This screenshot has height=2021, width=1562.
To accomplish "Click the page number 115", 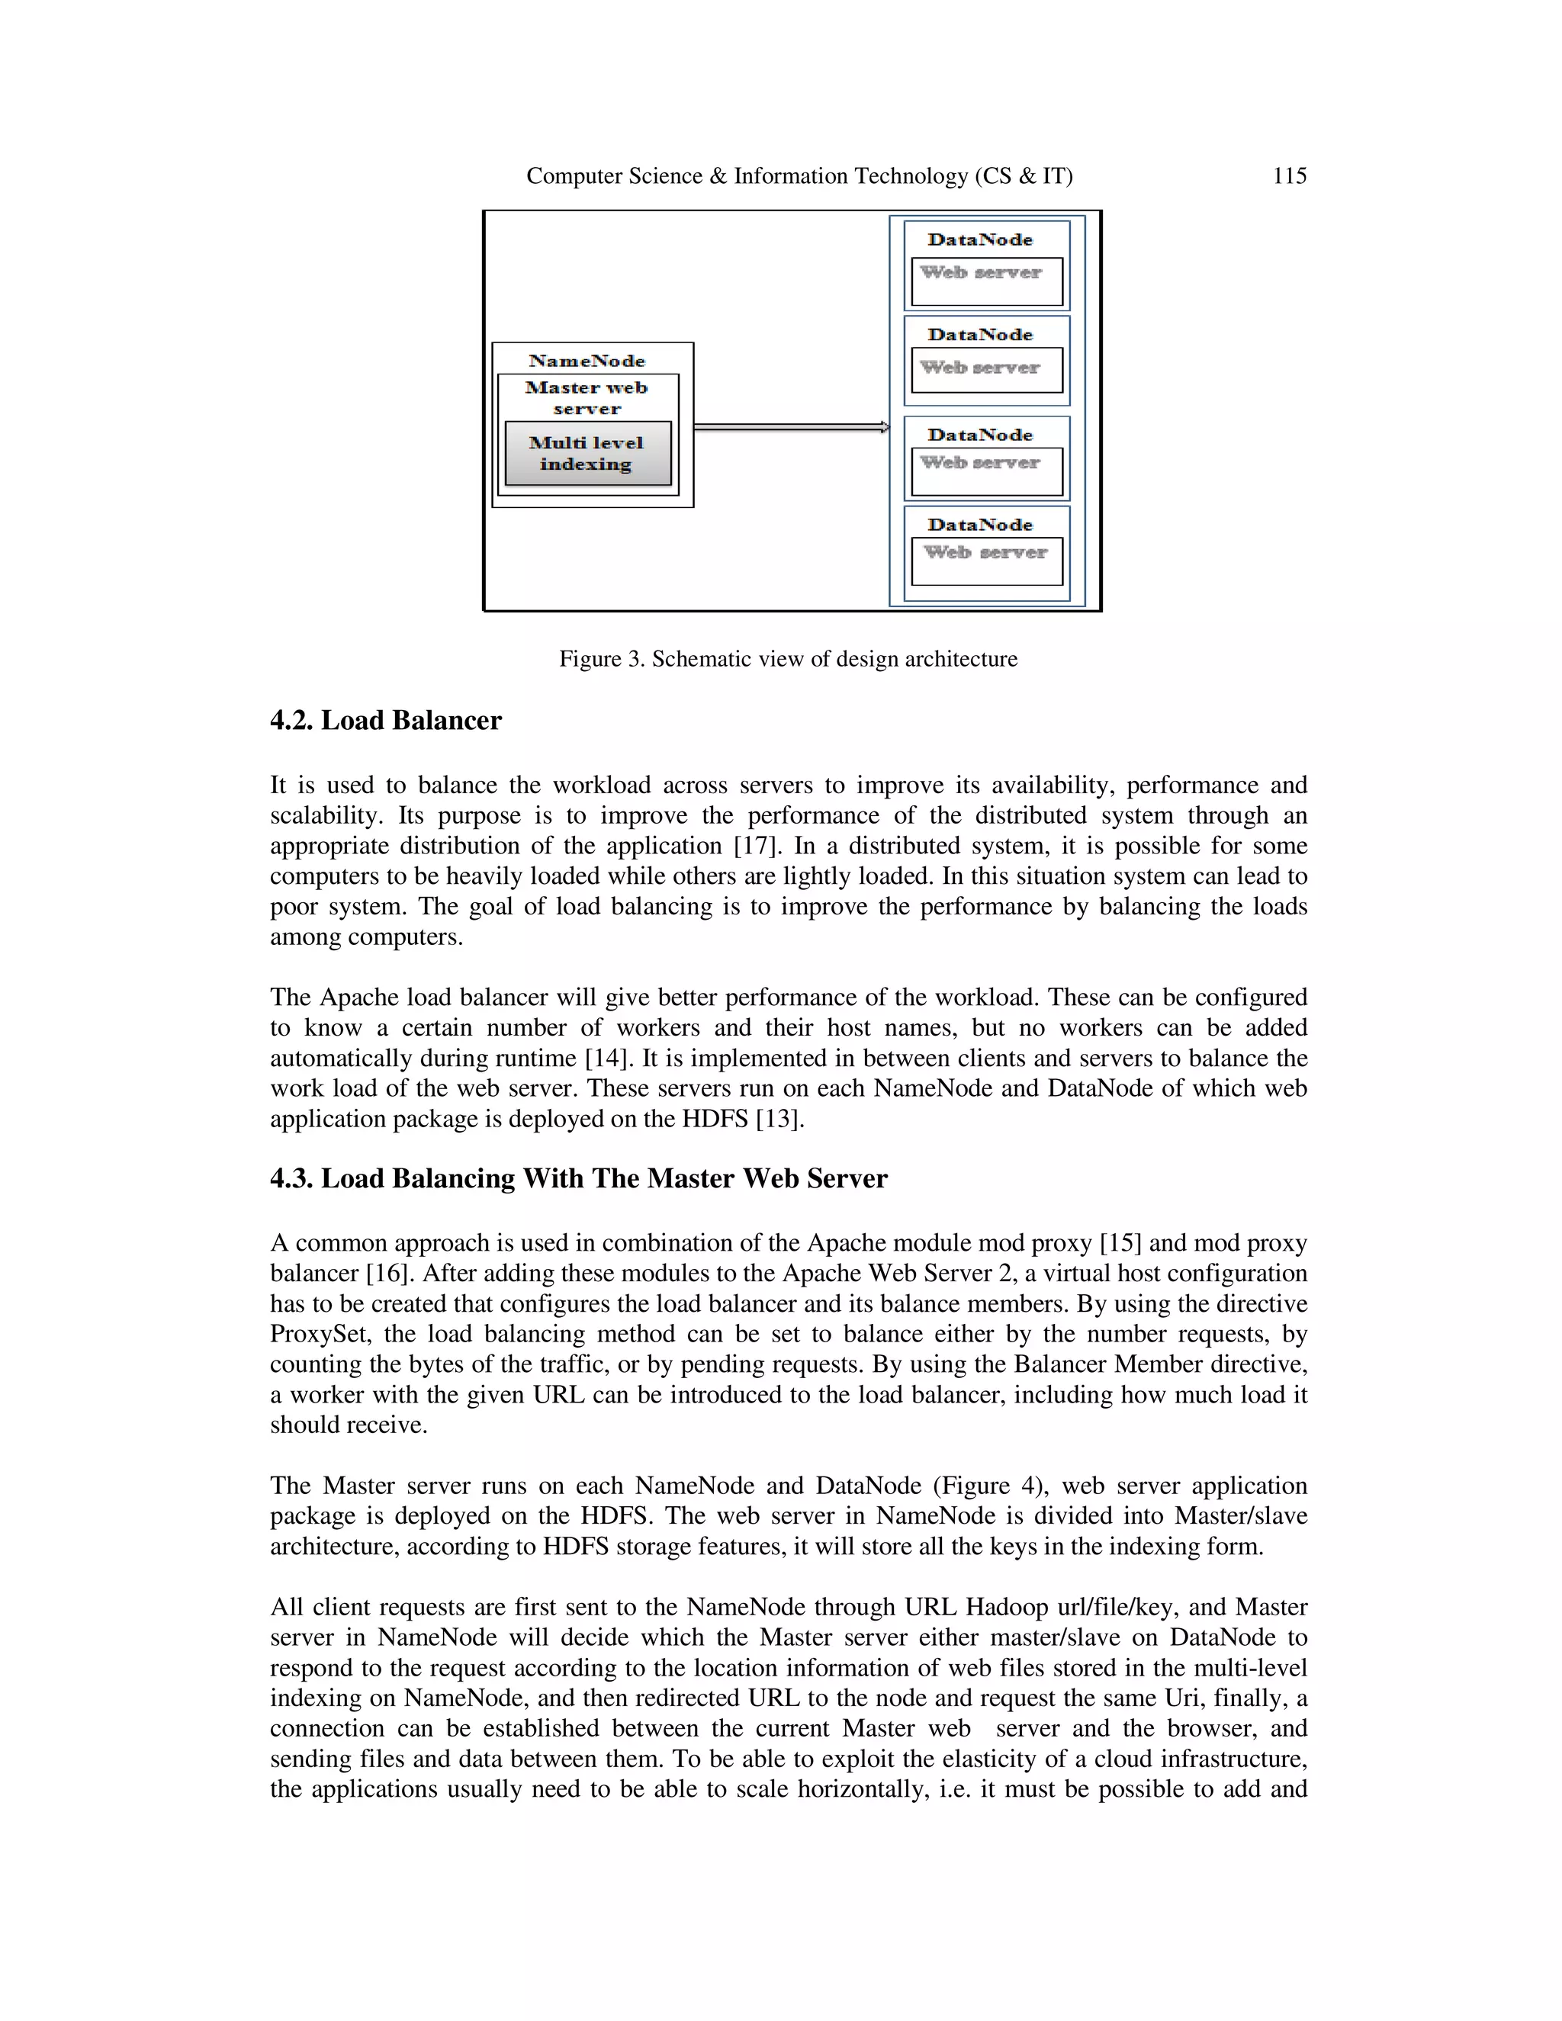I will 1289,176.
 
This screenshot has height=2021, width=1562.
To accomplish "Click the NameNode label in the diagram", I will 587,361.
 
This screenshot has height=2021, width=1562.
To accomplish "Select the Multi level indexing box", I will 587,454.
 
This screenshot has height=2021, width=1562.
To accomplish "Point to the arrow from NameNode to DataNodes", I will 791,426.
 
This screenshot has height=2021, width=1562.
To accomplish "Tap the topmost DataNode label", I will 980,239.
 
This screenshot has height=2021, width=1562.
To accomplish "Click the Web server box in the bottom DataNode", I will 986,561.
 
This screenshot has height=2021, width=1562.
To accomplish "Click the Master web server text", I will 587,398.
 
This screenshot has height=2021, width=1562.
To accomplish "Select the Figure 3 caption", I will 787,659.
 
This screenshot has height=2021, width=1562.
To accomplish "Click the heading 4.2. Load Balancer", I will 385,721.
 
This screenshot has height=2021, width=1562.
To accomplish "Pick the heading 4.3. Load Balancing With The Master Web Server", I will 578,1178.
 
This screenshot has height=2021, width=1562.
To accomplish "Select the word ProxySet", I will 320,1333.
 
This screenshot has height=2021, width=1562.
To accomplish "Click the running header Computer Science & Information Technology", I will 799,176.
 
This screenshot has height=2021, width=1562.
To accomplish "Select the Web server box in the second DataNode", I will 986,370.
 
